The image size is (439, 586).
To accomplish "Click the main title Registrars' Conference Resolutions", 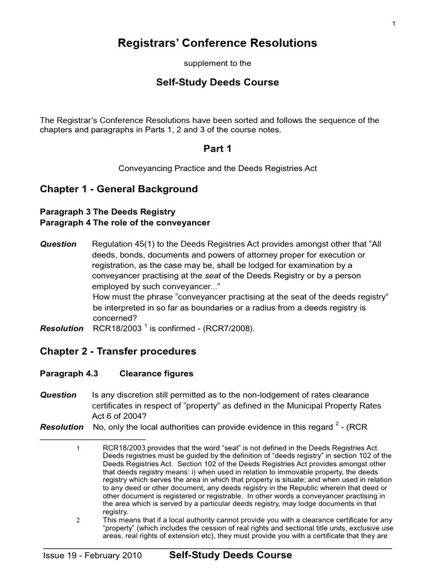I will (217, 43).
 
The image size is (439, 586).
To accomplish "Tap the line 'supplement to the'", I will (218, 62).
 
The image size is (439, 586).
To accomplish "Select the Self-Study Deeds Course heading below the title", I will (218, 82).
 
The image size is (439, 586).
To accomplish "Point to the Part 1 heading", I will (217, 149).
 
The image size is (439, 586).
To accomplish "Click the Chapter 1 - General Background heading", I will (119, 189).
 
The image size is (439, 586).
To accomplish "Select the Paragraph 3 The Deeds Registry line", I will (107, 212).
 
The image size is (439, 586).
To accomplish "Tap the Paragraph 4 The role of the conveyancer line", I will (125, 223).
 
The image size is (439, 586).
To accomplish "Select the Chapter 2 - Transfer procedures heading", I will (118, 351).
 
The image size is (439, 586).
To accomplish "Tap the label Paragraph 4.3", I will (69, 374).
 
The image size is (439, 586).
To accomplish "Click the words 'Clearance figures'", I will (156, 374).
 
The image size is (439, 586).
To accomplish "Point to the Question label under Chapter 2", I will (58, 395).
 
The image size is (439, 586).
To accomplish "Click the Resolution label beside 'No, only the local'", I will (62, 427).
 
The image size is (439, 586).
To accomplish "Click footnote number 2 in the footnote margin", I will (78, 520).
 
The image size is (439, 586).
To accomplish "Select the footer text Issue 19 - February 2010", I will (93, 556).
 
